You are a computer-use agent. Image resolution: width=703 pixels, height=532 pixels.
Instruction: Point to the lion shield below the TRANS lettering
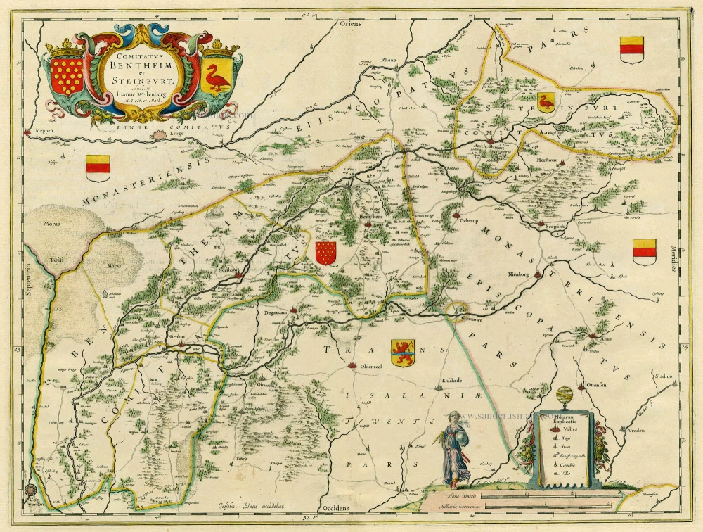(403, 352)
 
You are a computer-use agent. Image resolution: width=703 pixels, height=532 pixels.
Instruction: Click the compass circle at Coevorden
(30, 492)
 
